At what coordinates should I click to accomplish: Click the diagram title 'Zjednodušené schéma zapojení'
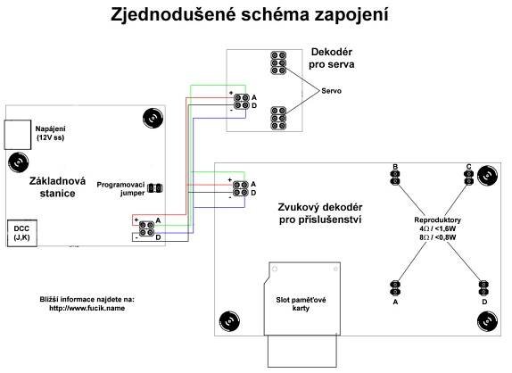click(x=250, y=15)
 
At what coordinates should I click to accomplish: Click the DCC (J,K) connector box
click(x=22, y=233)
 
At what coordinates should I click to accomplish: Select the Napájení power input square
click(x=17, y=135)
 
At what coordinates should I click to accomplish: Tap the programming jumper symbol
click(x=155, y=188)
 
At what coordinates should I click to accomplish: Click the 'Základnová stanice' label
click(x=57, y=187)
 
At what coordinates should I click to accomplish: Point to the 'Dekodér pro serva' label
click(x=332, y=58)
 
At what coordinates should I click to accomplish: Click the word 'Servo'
click(x=331, y=91)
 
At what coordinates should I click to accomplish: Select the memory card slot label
click(x=301, y=303)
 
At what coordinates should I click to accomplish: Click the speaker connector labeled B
click(x=395, y=178)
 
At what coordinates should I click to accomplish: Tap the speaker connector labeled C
click(x=468, y=178)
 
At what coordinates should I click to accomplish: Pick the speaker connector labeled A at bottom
click(x=395, y=287)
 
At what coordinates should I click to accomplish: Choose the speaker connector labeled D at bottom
click(x=483, y=287)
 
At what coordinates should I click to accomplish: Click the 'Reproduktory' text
click(x=437, y=220)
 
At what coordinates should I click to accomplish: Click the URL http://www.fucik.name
click(x=87, y=308)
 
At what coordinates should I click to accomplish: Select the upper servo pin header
click(x=278, y=62)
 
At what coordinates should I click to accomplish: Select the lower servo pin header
click(x=278, y=118)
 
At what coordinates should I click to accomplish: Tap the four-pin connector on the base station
click(x=146, y=228)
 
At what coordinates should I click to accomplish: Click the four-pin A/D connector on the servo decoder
click(x=242, y=101)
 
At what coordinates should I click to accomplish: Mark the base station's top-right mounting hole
click(x=153, y=118)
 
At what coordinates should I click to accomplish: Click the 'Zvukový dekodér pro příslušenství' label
click(x=320, y=213)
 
